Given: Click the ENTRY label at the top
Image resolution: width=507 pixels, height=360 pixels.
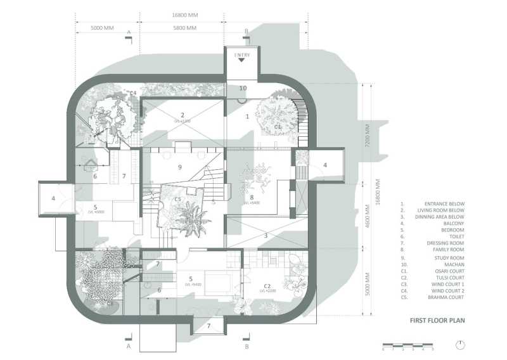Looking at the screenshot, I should (242, 55).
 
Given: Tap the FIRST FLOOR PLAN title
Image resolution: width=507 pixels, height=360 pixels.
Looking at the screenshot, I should (437, 321).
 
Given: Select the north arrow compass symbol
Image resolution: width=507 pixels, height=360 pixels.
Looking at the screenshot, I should (460, 344).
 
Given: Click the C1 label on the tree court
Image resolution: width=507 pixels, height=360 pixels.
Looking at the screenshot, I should (278, 127).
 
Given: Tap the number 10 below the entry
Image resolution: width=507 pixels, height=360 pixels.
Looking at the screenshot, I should (242, 87).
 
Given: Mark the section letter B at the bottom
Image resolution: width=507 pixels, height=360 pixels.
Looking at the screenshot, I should (246, 347).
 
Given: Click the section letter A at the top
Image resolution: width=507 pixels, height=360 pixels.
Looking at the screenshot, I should (129, 31).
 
